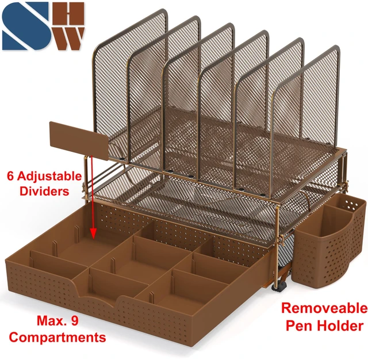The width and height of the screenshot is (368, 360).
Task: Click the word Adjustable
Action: [49, 177]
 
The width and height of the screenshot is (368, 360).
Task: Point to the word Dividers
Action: [44, 191]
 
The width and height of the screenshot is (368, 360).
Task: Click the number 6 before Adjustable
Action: [10, 176]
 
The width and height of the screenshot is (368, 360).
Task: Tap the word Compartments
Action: [57, 338]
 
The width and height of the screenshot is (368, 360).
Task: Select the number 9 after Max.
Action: [74, 320]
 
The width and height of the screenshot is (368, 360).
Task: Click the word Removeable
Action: [324, 308]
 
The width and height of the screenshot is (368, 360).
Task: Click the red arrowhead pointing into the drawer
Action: [93, 233]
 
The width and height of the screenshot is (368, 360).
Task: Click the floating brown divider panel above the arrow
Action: [79, 140]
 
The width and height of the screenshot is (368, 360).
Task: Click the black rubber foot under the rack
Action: [279, 287]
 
